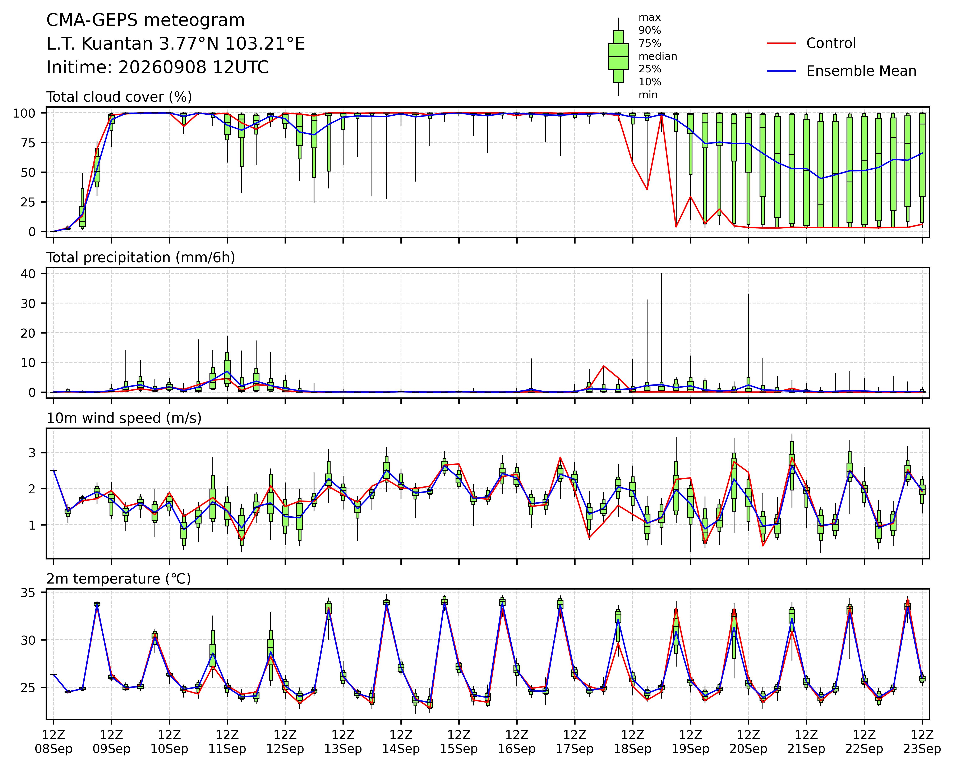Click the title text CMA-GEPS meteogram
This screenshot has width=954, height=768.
click(x=146, y=20)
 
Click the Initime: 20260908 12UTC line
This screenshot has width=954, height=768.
click(x=157, y=68)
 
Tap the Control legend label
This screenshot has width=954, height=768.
click(x=831, y=43)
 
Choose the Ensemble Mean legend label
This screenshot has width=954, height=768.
click(x=861, y=71)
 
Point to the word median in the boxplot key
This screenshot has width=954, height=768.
click(x=658, y=56)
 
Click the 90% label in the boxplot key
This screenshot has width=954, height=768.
click(x=650, y=31)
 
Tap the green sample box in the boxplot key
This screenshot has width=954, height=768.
click(x=618, y=57)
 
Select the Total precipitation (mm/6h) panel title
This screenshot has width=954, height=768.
click(x=141, y=258)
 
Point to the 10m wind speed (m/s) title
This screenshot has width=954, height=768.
click(x=124, y=418)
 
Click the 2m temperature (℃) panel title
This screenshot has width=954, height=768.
click(x=119, y=579)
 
